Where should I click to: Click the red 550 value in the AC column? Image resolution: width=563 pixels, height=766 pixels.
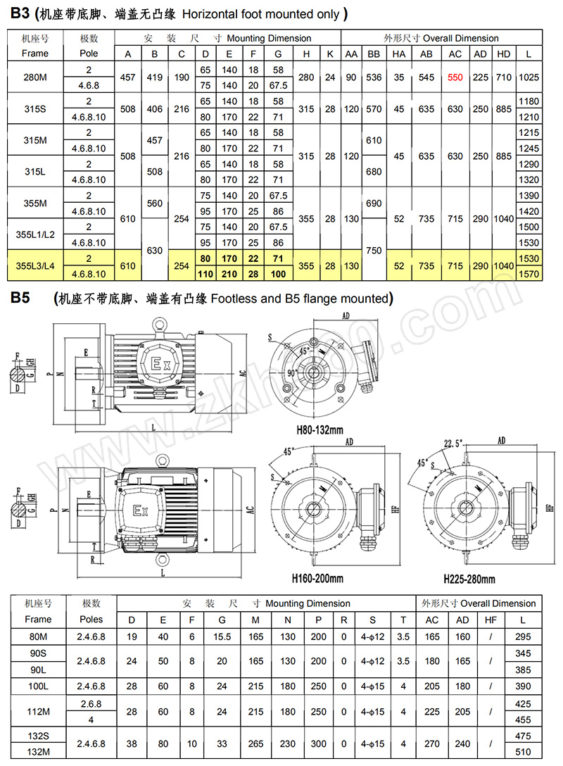click(455, 77)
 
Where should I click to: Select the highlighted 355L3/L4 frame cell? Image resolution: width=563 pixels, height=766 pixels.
click(35, 266)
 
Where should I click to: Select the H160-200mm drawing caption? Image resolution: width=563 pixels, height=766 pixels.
click(317, 578)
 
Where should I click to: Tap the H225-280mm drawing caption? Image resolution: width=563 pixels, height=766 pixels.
click(469, 579)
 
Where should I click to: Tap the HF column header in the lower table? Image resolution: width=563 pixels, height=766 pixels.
click(491, 620)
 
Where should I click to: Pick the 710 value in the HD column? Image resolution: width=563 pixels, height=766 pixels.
click(504, 77)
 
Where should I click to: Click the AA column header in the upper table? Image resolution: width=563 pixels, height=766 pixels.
click(350, 54)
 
